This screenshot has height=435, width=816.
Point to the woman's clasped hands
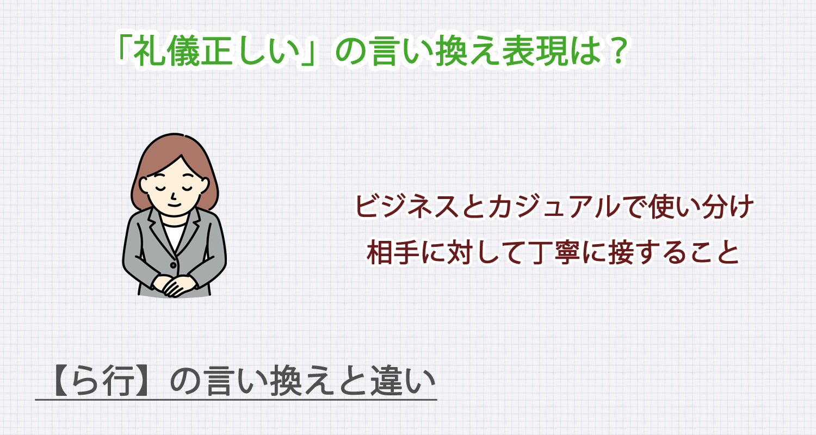(x=172, y=285)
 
